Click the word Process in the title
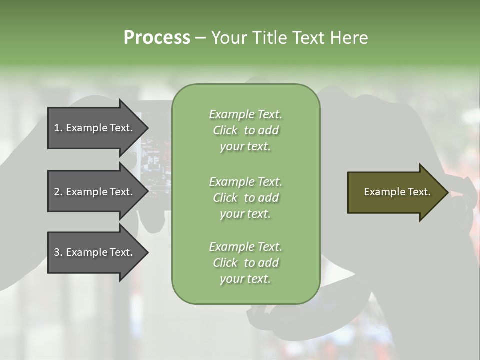pos(157,38)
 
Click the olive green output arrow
pos(390,192)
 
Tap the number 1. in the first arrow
pos(58,128)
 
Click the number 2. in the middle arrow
pos(58,192)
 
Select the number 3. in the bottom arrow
pos(58,252)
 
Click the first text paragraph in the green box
pos(245,130)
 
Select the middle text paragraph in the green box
pos(245,198)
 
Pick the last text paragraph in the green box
pos(245,263)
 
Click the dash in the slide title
pos(200,38)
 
